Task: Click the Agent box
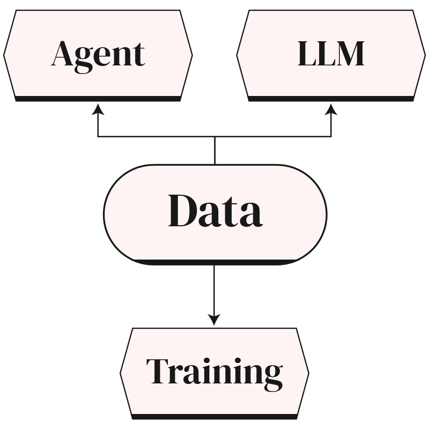[98, 54]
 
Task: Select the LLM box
[331, 54]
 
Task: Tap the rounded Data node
[214, 213]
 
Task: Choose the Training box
[214, 371]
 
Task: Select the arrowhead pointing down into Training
[214, 320]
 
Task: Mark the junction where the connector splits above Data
[214, 137]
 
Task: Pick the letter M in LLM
[349, 54]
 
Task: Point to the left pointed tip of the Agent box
[5, 54]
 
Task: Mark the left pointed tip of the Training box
[122, 371]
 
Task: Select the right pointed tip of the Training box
[308, 371]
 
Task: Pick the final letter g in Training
[272, 375]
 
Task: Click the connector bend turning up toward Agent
[98, 137]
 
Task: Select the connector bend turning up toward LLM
[331, 137]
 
